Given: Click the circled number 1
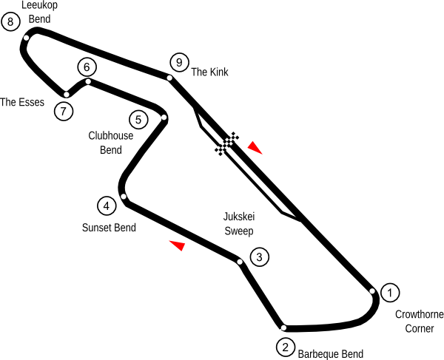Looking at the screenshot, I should (389, 293).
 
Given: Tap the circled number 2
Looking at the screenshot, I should (286, 346).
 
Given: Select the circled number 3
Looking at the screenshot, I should (259, 257).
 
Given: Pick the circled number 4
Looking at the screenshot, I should (106, 206).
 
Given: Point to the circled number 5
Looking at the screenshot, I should (138, 118).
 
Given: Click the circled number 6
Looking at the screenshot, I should (87, 67).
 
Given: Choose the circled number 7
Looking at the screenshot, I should (64, 112).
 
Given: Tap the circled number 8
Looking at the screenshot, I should (10, 22).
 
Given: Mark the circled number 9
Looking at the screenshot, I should (176, 62).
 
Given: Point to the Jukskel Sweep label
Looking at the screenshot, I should (238, 223).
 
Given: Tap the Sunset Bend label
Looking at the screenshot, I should (109, 228).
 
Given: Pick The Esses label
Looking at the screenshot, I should (22, 102).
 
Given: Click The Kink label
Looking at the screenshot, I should (210, 72).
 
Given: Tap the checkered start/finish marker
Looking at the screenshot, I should (227, 143).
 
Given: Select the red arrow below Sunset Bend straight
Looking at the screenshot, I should (176, 245).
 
